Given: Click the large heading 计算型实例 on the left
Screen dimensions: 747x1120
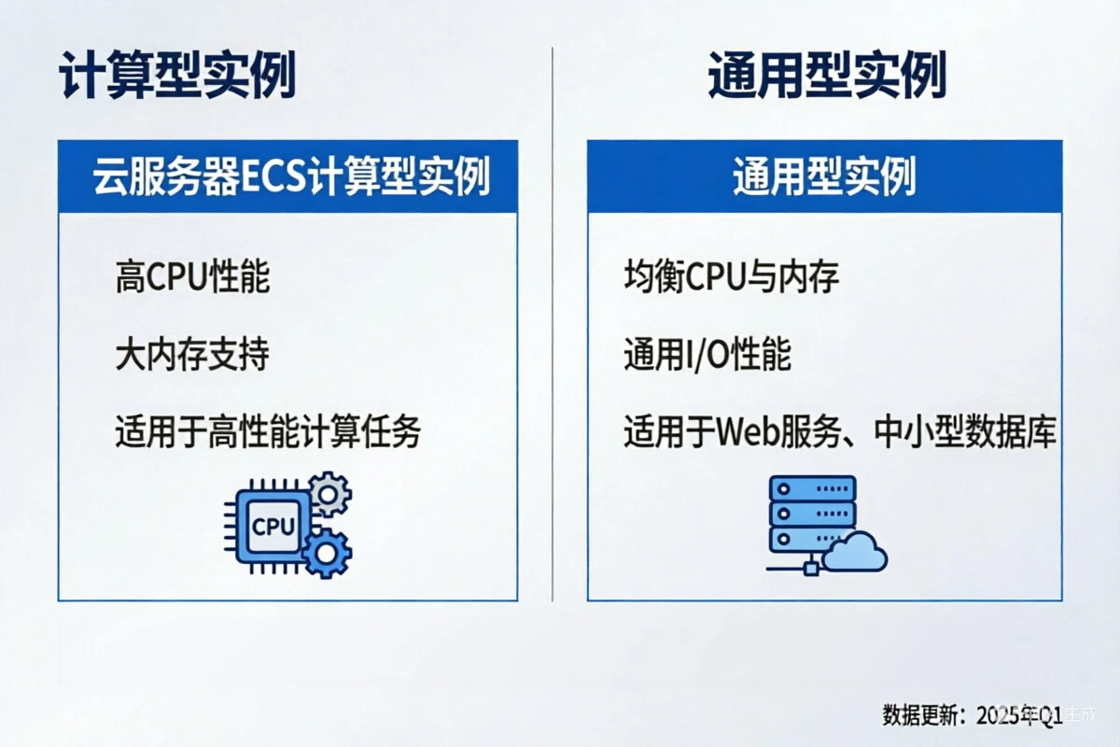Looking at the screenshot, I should [177, 77].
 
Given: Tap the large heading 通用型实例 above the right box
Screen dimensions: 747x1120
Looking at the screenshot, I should [827, 77].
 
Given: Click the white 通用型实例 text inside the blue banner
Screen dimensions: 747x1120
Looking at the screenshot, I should [824, 176].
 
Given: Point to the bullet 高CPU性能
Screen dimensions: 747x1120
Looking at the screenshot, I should [192, 277].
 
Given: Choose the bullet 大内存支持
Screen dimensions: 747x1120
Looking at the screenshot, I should [192, 355].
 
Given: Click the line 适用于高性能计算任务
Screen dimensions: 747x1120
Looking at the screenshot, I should [269, 432].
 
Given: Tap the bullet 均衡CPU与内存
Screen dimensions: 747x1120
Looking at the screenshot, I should [732, 277].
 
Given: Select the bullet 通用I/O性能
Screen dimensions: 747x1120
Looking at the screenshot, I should [707, 355].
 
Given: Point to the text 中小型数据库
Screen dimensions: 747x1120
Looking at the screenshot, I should [965, 432].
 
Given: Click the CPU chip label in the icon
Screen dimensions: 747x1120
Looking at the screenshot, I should [273, 528].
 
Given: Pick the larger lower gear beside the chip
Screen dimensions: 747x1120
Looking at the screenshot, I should [327, 553].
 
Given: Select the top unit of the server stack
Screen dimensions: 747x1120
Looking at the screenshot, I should [812, 488].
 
